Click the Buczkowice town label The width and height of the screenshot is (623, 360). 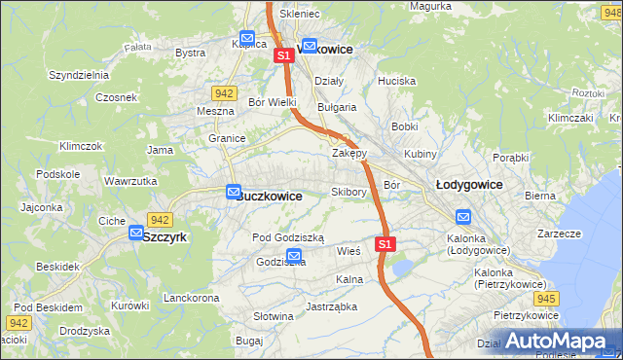269,196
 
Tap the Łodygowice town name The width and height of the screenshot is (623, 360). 468,184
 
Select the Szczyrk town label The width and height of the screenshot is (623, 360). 164,236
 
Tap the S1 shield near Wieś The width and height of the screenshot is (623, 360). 385,243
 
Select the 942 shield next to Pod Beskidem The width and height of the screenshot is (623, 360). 18,322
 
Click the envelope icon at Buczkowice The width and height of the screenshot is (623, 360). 234,193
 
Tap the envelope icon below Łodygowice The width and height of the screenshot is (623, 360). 463,218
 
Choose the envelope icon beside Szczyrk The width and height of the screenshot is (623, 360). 136,234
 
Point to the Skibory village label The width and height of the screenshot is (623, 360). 348,192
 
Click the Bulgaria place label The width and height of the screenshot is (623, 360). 337,107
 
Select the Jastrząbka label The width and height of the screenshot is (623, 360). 331,306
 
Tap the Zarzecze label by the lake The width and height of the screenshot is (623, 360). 559,234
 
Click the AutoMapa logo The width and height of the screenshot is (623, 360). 556,342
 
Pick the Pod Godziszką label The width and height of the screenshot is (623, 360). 294,237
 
